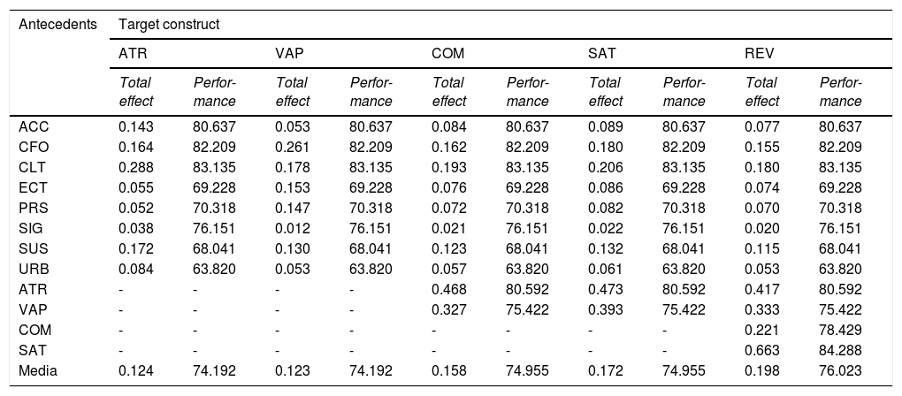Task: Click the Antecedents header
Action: [57, 25]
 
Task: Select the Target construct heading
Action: [169, 25]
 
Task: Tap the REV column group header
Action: [760, 54]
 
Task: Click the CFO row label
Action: [34, 147]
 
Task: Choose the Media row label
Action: [38, 371]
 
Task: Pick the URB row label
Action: [34, 270]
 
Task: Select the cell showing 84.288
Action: [840, 351]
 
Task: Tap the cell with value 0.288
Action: [136, 168]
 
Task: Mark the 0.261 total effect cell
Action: [292, 147]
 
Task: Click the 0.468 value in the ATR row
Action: [449, 290]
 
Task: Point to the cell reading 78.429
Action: [840, 331]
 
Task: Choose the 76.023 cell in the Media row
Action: [840, 371]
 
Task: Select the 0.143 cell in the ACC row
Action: [136, 127]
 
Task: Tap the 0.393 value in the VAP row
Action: [606, 310]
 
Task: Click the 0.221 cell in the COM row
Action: [762, 331]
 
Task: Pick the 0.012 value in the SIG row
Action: [292, 229]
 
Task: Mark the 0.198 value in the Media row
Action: [762, 371]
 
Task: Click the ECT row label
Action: [34, 188]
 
